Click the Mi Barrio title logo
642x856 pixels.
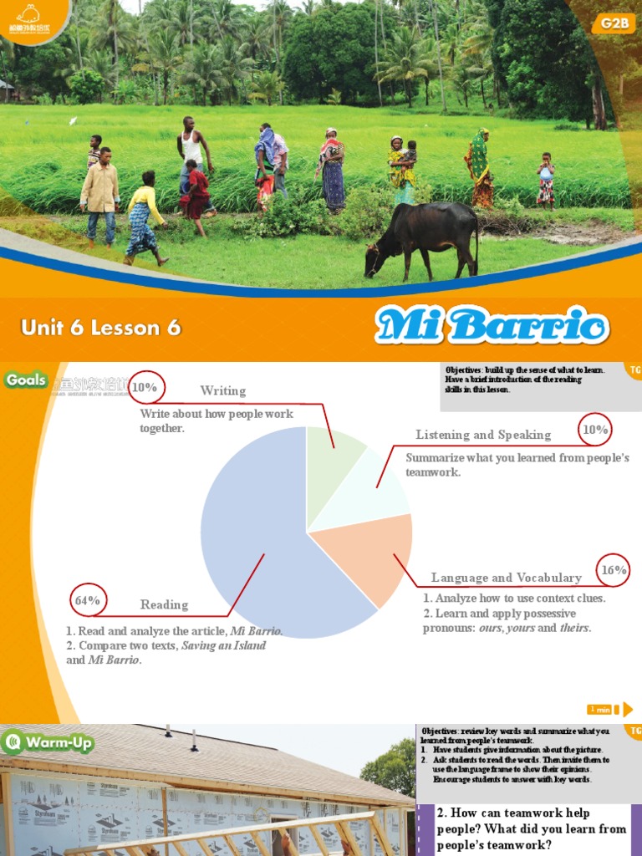(492, 325)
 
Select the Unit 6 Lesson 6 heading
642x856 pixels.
(101, 328)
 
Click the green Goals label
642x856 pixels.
(26, 380)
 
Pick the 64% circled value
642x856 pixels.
(88, 600)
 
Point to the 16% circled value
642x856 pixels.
(614, 570)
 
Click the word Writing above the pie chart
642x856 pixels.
(223, 390)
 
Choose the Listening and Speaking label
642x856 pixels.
(483, 435)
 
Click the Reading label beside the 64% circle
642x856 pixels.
(164, 604)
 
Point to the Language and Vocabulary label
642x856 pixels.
(506, 578)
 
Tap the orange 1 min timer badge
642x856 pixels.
(599, 710)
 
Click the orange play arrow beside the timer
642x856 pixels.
(628, 710)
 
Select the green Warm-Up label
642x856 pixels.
(48, 742)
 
